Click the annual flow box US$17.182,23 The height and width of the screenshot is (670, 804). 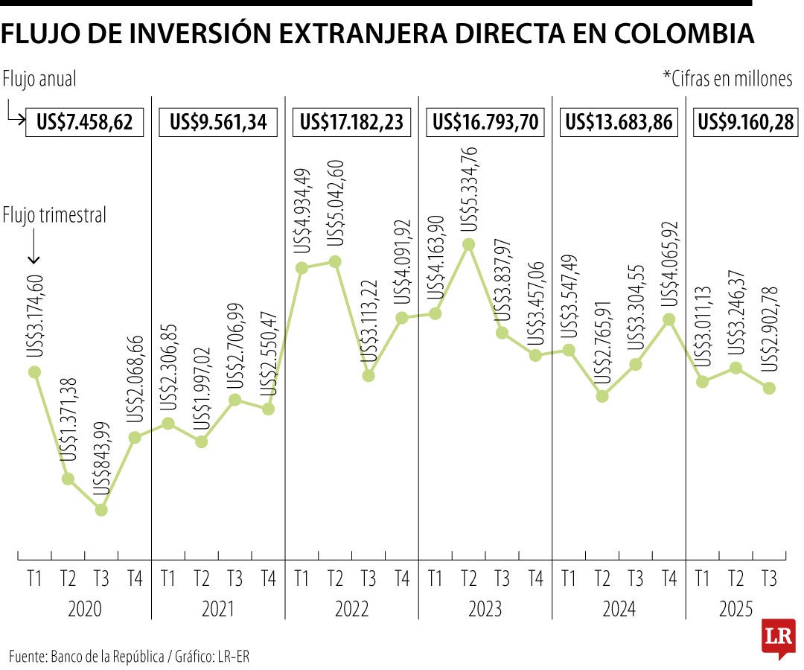coord(351,122)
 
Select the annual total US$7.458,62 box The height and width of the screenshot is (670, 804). coord(84,122)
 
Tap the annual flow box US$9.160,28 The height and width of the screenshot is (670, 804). coord(744,122)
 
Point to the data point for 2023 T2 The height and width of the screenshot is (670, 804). coord(468,244)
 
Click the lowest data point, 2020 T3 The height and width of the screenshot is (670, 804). coord(101,510)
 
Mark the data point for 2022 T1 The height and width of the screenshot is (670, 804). coord(301,268)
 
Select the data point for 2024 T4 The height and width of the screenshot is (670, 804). coord(669,319)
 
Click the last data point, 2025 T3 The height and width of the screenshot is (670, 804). coord(769,388)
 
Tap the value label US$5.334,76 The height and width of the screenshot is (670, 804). coord(468,188)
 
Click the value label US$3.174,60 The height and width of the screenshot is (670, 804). coord(35,316)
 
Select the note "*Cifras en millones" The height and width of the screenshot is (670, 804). coord(727,79)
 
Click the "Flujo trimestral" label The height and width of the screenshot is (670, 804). coord(54,215)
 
